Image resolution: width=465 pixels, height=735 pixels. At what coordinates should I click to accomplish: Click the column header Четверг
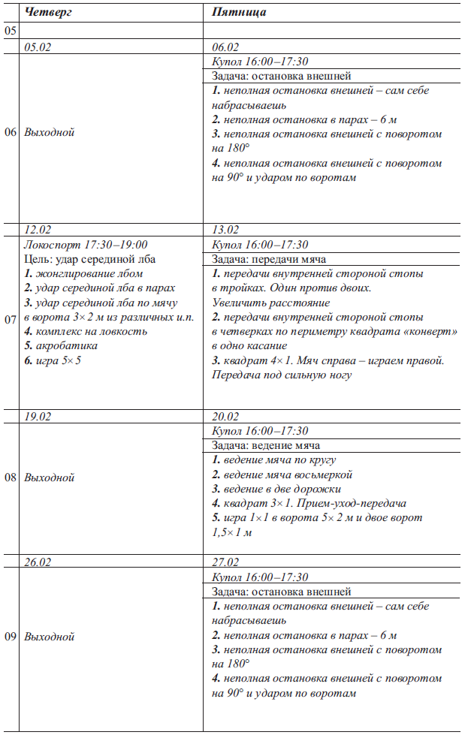(x=49, y=13)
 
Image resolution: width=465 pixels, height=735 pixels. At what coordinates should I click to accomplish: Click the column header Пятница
(x=239, y=13)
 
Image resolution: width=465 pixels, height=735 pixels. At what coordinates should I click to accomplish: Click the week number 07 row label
(x=11, y=319)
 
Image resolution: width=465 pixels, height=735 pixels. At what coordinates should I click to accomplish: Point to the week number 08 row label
(x=11, y=477)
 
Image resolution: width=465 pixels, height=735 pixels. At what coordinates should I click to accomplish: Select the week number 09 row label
(x=11, y=637)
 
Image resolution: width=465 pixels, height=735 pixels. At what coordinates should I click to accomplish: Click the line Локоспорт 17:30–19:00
(x=86, y=245)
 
